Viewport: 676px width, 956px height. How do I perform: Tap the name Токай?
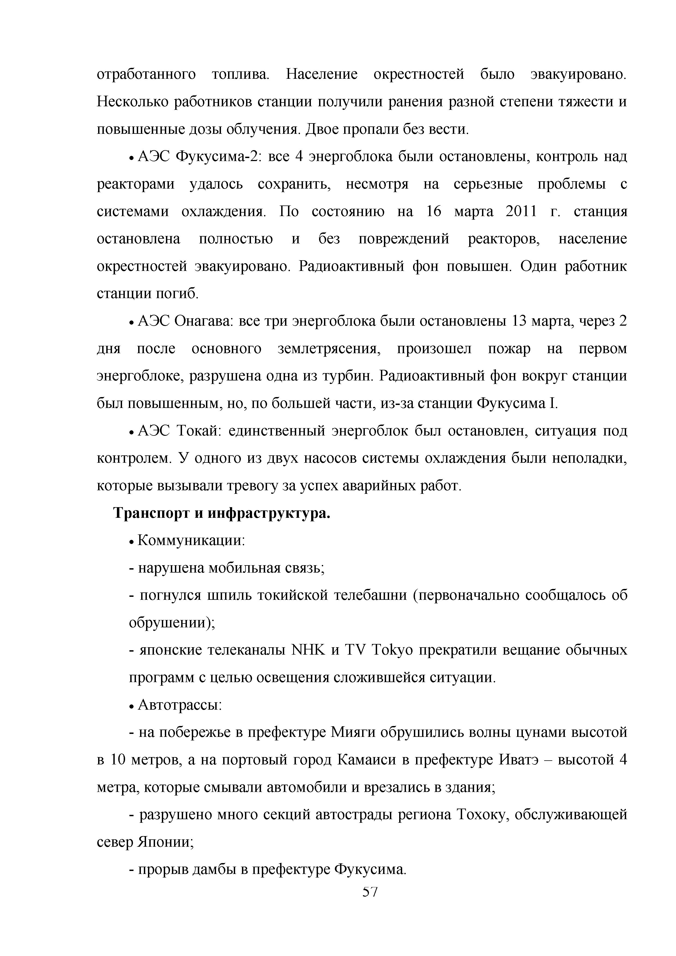point(198,431)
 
